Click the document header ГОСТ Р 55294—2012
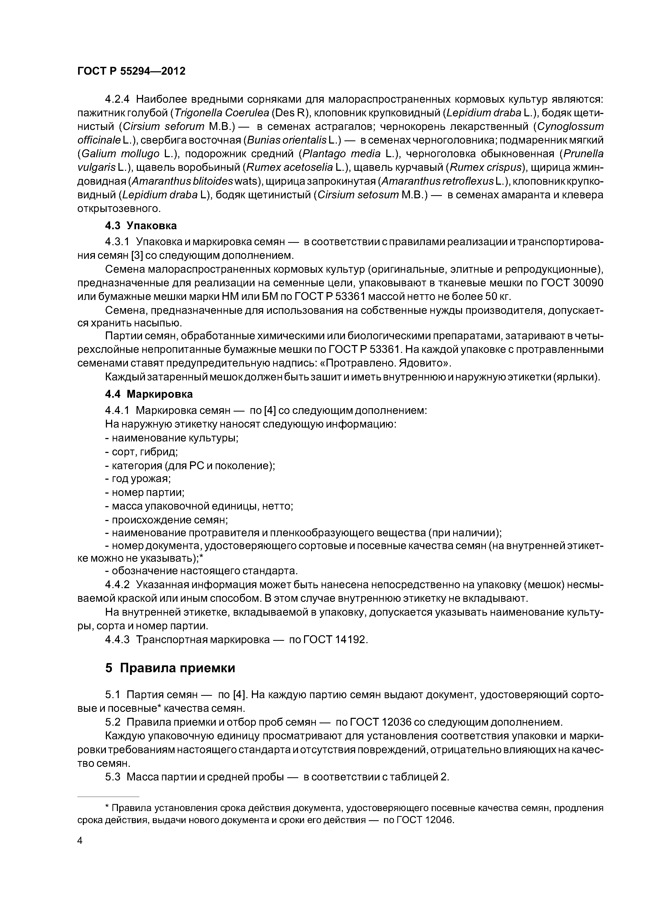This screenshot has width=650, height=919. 131,71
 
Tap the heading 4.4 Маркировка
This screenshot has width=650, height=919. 149,394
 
